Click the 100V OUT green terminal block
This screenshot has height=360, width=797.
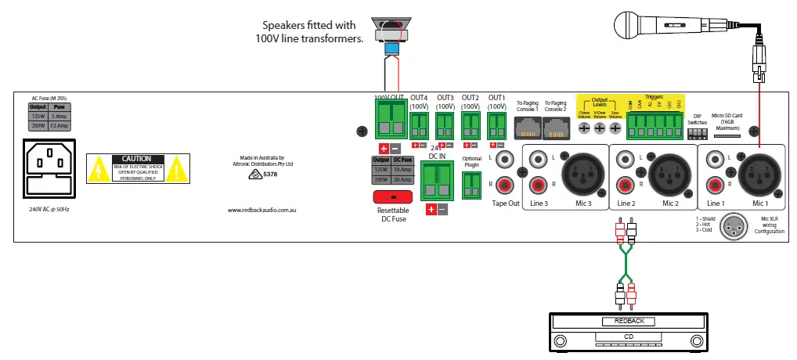tap(389, 119)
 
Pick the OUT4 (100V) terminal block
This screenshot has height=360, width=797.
tap(420, 124)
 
